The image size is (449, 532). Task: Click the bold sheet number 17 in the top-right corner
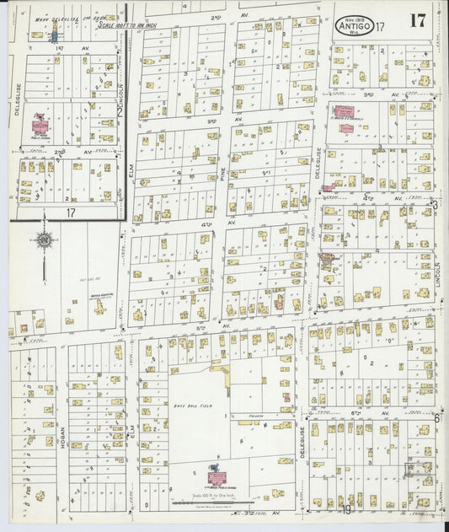pos(418,21)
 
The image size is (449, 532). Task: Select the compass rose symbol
pos(43,241)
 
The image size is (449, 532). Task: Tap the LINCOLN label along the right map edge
pos(439,287)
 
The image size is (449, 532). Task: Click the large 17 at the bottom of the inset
pos(71,213)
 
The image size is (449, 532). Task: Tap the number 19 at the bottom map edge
pos(347,508)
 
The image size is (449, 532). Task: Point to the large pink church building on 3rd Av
pos(344,110)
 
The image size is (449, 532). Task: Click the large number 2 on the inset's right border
pos(120,110)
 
